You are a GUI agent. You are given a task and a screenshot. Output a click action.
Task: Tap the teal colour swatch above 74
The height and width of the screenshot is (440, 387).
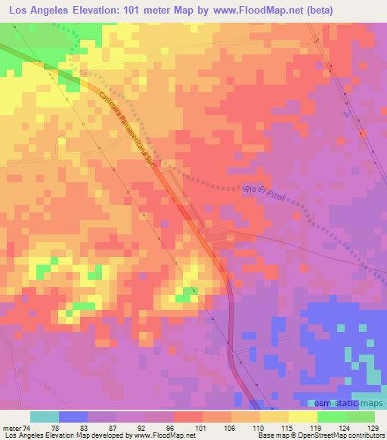45,417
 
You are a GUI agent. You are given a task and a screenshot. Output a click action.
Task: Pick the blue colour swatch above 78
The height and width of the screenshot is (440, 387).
73,417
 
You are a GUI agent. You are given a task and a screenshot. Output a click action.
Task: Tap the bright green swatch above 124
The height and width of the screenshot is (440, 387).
332,417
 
